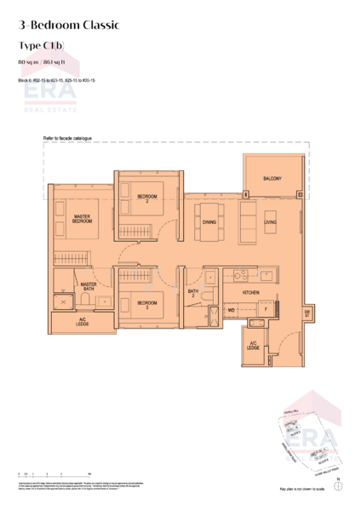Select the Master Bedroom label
[83, 220]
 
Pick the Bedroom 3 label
[146, 303]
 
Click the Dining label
[209, 222]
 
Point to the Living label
[270, 222]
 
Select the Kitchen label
[250, 292]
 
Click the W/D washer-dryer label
[231, 311]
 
